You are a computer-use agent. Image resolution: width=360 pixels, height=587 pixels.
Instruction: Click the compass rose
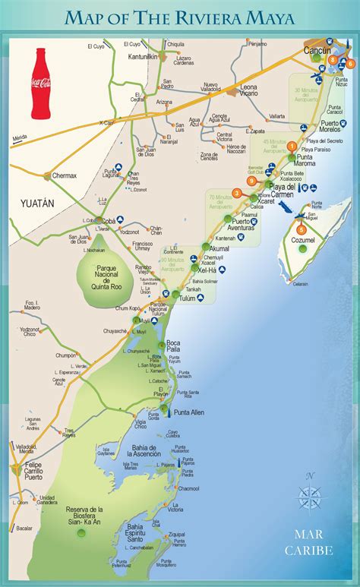[x=309, y=497]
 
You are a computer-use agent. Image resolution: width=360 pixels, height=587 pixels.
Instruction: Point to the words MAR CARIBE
[x=309, y=542]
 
